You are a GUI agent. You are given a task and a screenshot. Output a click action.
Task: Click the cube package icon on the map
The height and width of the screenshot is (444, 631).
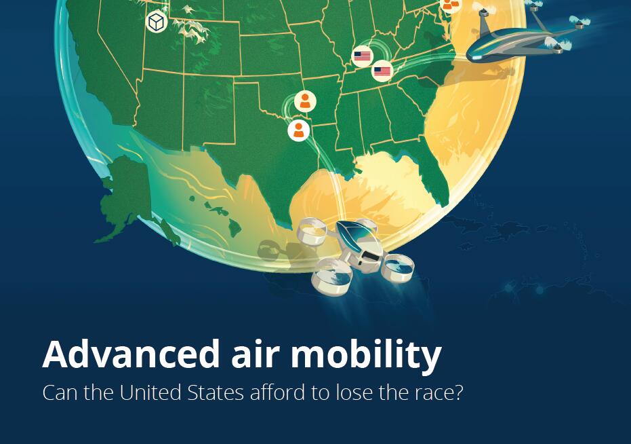pyautogui.click(x=157, y=22)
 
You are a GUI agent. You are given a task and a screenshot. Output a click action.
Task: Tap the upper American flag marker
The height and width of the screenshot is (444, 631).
pyautogui.click(x=362, y=56)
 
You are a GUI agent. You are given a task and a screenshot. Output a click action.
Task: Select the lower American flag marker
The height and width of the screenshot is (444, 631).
pyautogui.click(x=382, y=71)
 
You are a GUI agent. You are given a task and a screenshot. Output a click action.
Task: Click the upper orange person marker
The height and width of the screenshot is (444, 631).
pyautogui.click(x=305, y=101)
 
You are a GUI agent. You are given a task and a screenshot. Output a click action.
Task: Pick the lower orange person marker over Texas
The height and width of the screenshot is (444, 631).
pyautogui.click(x=299, y=130)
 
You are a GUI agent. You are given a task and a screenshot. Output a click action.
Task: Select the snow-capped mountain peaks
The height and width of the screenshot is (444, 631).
pyautogui.click(x=192, y=26)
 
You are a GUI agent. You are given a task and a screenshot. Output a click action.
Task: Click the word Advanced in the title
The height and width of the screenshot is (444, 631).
pyautogui.click(x=131, y=354)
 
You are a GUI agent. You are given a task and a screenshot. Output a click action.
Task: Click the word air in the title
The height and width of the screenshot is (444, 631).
pyautogui.click(x=255, y=354)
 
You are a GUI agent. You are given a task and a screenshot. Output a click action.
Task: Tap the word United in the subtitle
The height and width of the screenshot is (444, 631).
pyautogui.click(x=150, y=392)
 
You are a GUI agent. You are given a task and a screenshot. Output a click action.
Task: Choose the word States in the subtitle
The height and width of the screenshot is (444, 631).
pyautogui.click(x=216, y=393)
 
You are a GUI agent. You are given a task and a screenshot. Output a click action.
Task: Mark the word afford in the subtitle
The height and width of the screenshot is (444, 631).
pyautogui.click(x=277, y=392)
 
